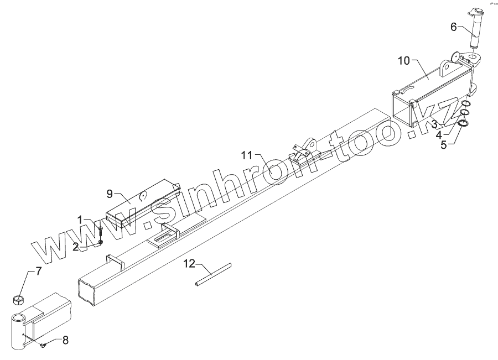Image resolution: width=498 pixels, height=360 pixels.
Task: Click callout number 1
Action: click(x=80, y=220)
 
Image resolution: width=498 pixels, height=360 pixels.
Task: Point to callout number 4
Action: click(x=439, y=134)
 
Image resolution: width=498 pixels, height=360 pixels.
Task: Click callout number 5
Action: click(x=443, y=145)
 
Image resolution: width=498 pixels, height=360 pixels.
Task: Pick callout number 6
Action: click(x=453, y=27)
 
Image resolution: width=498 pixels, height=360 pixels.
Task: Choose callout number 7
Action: click(x=38, y=272)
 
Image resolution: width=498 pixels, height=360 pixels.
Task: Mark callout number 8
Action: click(x=65, y=340)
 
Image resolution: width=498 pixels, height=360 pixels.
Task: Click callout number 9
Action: click(x=110, y=193)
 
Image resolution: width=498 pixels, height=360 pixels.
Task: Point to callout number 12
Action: click(x=189, y=264)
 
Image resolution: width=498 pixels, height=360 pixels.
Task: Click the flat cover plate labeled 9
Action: click(x=144, y=202)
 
